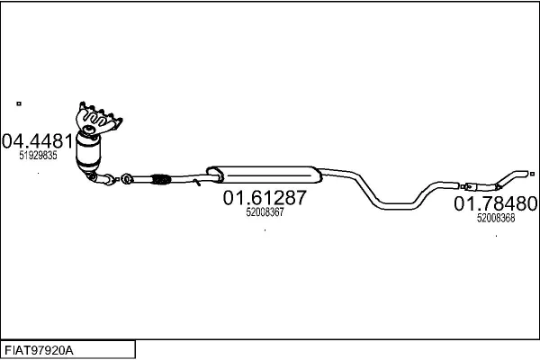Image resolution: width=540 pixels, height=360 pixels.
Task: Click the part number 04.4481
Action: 38,141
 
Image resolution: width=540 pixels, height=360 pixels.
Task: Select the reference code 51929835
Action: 38,156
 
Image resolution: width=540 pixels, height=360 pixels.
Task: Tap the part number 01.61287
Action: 265,198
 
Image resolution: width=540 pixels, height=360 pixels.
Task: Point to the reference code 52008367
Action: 265,212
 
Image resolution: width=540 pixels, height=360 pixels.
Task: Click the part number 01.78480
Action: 496,203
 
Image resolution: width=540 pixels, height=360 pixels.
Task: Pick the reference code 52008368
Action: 496,218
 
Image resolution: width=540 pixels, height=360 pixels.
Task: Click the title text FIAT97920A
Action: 39,351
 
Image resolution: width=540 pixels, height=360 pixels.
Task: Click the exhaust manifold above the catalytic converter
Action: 98,118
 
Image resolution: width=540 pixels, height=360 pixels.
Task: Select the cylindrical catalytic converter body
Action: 88,151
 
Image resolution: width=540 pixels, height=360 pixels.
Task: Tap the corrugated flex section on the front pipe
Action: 160,179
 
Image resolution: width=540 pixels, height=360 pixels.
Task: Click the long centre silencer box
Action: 264,175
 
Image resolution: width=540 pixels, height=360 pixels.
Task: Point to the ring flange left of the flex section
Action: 127,179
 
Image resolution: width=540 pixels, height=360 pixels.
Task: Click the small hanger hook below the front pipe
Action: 196,182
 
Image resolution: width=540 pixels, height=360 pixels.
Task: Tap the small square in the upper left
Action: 19,103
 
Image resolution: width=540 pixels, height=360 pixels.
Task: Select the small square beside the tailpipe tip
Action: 532,174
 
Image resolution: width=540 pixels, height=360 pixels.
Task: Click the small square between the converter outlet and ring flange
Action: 117,179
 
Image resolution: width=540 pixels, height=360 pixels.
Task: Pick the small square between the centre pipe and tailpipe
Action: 463,186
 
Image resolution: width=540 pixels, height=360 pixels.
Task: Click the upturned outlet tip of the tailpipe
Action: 522,174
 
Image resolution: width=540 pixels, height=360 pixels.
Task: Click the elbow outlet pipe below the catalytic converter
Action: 101,178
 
